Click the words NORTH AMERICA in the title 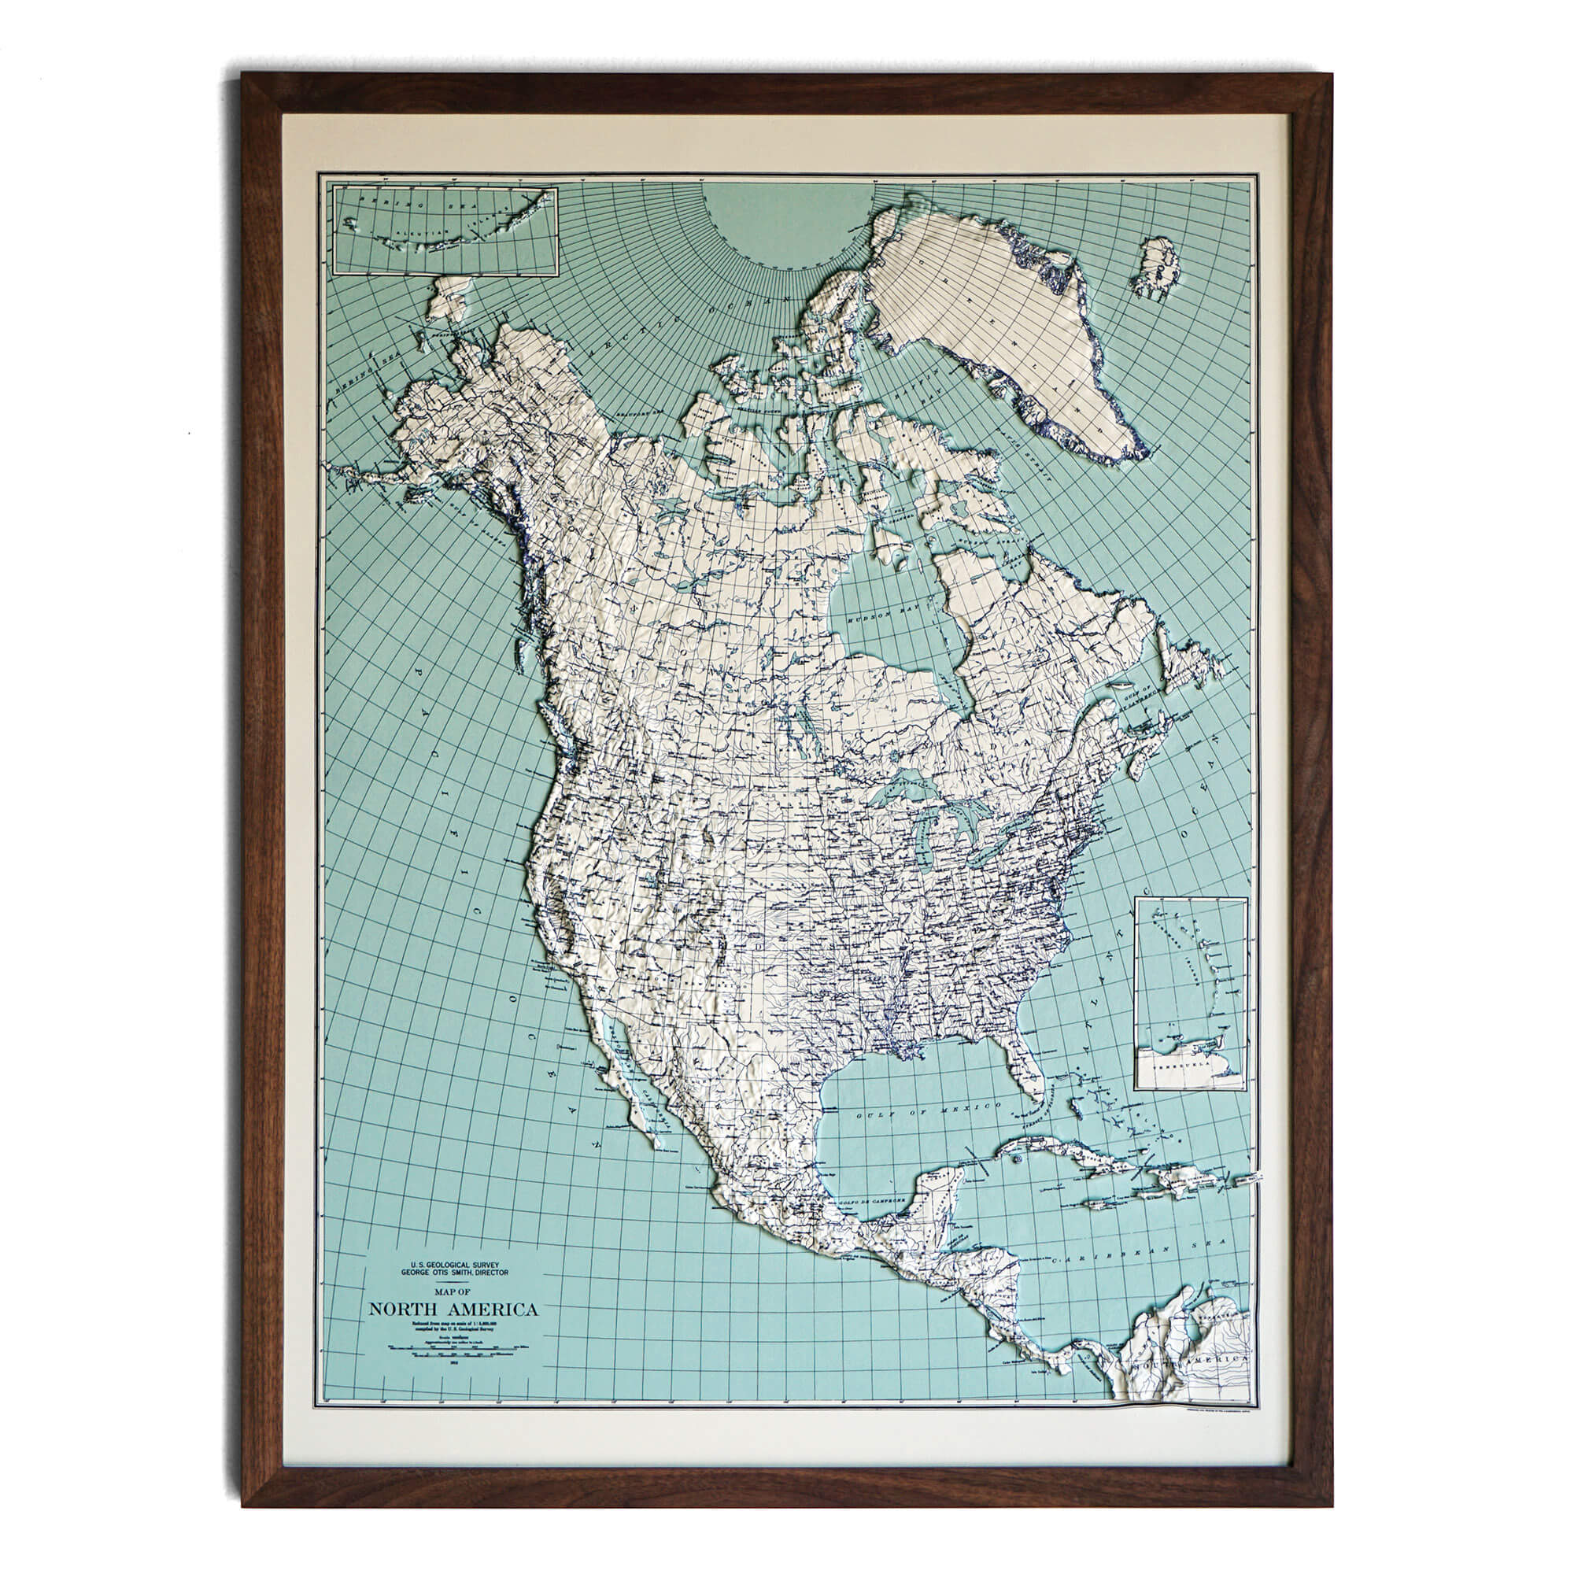[x=453, y=1310]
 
